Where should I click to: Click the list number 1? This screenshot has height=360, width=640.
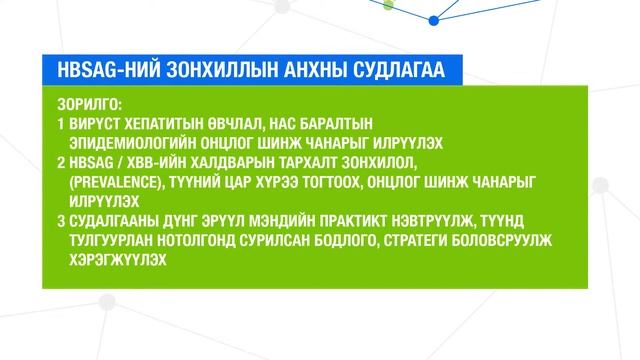coord(60,125)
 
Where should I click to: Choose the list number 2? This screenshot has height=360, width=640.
coord(60,162)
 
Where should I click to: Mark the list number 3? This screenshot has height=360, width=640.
coord(60,220)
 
